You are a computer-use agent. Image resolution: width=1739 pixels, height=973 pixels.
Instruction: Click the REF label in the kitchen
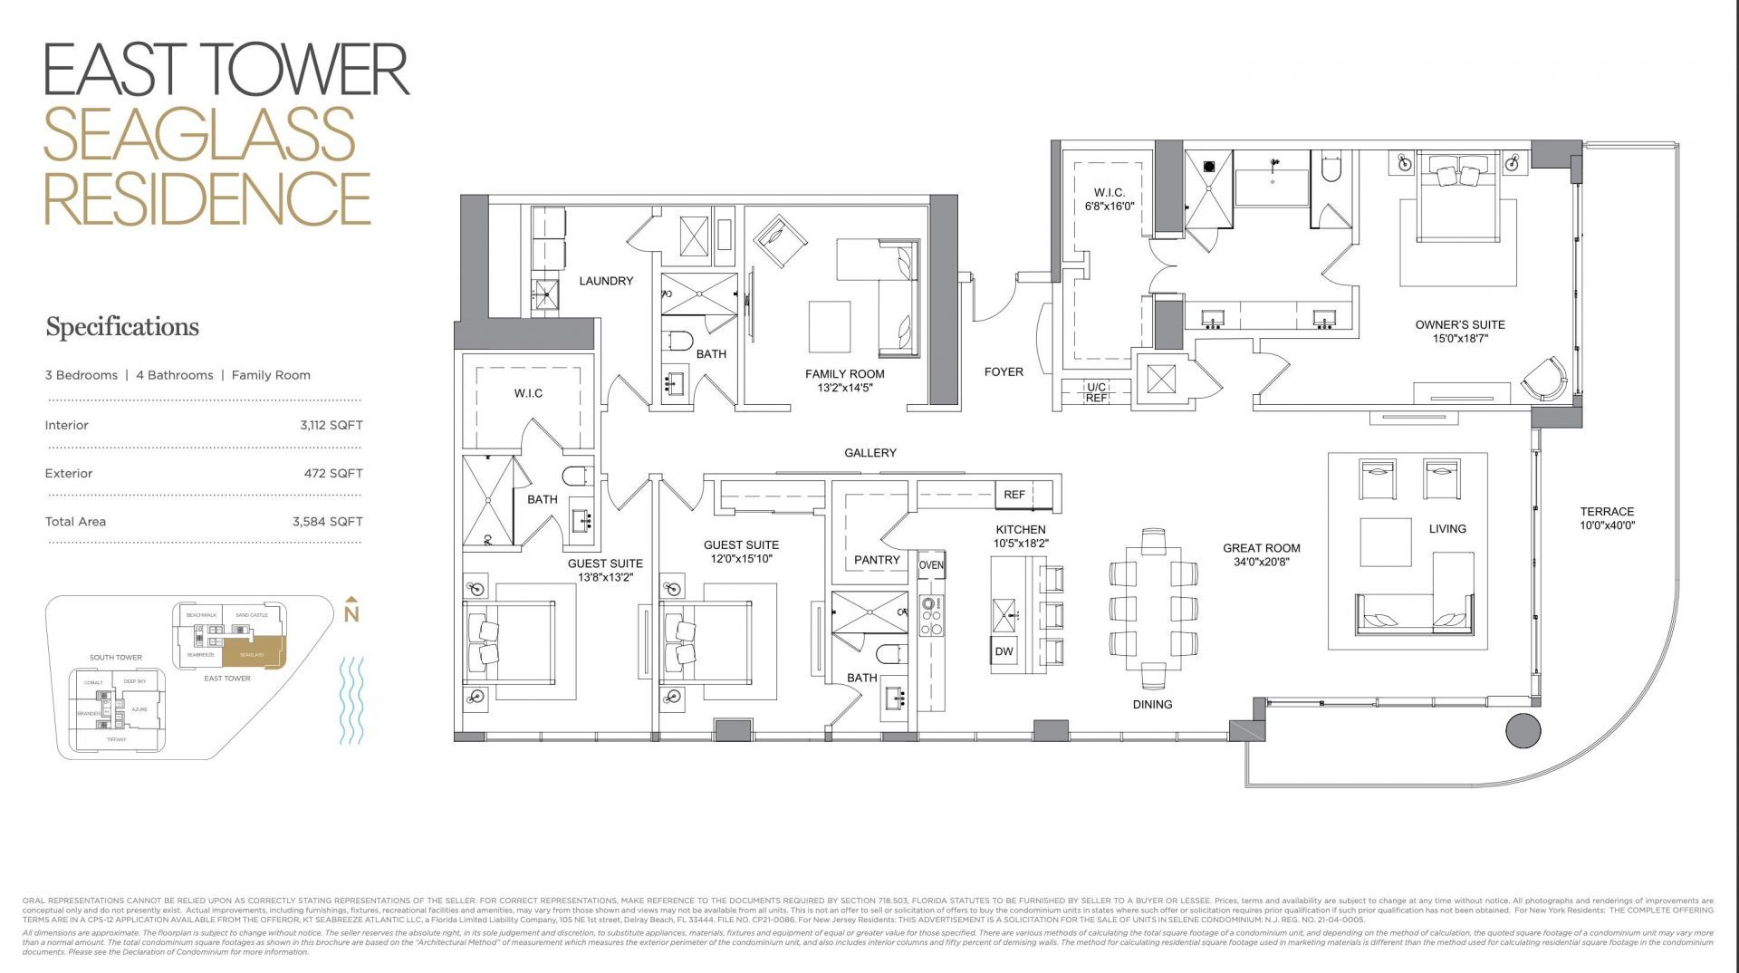pyautogui.click(x=1014, y=495)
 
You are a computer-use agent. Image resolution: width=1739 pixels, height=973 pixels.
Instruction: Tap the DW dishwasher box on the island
pyautogui.click(x=1004, y=651)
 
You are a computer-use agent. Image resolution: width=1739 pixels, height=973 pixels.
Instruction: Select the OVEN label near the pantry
pyautogui.click(x=931, y=565)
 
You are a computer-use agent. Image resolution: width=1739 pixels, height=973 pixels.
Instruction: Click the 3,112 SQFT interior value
pyautogui.click(x=331, y=425)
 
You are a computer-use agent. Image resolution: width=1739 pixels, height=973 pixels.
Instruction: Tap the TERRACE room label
pyautogui.click(x=1607, y=512)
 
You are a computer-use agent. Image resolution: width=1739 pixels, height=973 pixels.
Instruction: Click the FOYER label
pyautogui.click(x=1004, y=371)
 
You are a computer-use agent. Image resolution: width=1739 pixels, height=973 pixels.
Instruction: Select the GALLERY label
pyautogui.click(x=869, y=453)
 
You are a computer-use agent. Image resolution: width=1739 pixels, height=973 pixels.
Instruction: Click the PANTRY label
pyautogui.click(x=877, y=560)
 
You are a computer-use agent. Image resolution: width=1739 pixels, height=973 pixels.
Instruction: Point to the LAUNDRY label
pyautogui.click(x=606, y=281)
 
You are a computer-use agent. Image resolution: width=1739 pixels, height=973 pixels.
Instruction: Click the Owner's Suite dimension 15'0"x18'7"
pyautogui.click(x=1460, y=338)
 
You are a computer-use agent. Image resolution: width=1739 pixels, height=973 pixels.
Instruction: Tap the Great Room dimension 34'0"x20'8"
pyautogui.click(x=1261, y=562)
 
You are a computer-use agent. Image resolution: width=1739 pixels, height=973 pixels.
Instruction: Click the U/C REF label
pyautogui.click(x=1096, y=392)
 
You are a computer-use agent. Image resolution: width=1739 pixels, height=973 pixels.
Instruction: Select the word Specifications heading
pyautogui.click(x=122, y=327)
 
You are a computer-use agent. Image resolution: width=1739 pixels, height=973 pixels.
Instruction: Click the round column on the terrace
pyautogui.click(x=1523, y=730)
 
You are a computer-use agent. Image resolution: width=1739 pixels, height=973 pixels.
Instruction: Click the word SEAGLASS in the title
pyautogui.click(x=199, y=133)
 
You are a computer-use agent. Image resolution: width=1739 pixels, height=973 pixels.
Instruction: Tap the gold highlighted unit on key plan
pyautogui.click(x=254, y=653)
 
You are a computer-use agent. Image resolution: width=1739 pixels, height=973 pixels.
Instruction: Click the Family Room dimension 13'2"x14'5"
pyautogui.click(x=844, y=387)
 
